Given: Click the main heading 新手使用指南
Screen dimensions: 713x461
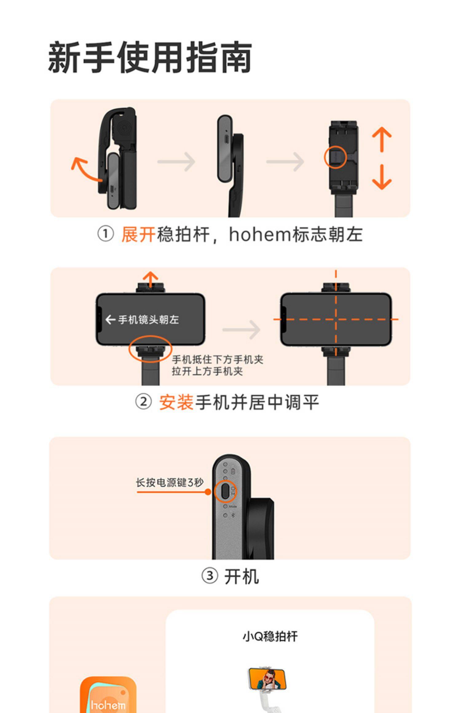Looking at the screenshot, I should click(x=150, y=57).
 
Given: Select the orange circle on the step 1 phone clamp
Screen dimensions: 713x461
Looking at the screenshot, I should click(x=335, y=157).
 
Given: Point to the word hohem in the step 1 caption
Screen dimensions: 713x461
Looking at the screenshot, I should click(x=260, y=235).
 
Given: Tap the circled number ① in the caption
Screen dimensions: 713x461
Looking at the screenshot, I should click(x=105, y=235).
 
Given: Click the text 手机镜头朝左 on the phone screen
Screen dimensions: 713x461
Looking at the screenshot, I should click(x=148, y=320).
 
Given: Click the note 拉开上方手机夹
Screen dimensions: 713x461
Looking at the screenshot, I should click(x=207, y=372).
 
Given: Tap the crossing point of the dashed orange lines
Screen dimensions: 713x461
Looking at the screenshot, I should click(x=336, y=319).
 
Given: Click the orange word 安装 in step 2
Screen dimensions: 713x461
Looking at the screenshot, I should click(x=176, y=403).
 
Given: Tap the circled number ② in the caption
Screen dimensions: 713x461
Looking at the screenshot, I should click(x=143, y=402).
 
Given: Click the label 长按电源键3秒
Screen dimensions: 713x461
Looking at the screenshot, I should click(x=170, y=483).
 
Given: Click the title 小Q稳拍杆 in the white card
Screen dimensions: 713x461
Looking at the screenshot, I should click(x=270, y=637).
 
